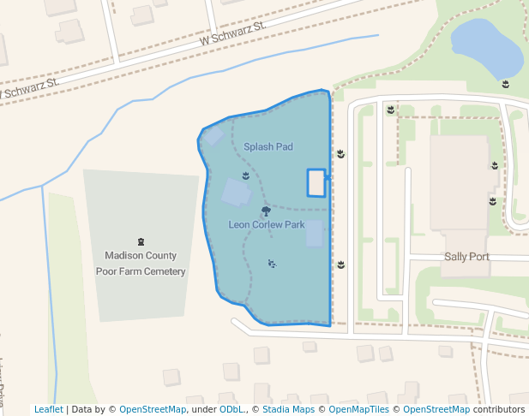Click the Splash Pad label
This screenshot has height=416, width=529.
pyautogui.click(x=268, y=147)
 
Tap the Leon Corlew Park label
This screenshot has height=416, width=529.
pyautogui.click(x=267, y=225)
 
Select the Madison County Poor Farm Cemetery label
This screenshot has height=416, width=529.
pyautogui.click(x=141, y=263)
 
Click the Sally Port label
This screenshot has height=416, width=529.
pyautogui.click(x=466, y=257)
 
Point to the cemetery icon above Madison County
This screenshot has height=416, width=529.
pyautogui.click(x=141, y=242)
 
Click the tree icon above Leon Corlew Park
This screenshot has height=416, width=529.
pyautogui.click(x=266, y=211)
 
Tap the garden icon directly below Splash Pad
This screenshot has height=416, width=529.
pyautogui.click(x=246, y=175)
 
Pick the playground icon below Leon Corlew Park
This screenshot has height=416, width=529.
pyautogui.click(x=272, y=264)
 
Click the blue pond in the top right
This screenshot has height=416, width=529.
pyautogui.click(x=486, y=48)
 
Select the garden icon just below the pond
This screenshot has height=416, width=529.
pyautogui.click(x=506, y=84)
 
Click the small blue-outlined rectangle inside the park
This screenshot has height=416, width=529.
pyautogui.click(x=316, y=182)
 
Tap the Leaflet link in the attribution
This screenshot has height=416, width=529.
pyautogui.click(x=48, y=410)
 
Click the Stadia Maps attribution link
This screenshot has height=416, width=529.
pyautogui.click(x=288, y=410)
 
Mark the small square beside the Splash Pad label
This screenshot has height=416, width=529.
pyautogui.click(x=213, y=136)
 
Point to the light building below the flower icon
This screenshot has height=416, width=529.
pyautogui.click(x=237, y=193)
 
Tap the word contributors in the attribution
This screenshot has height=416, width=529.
pyautogui.click(x=498, y=410)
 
